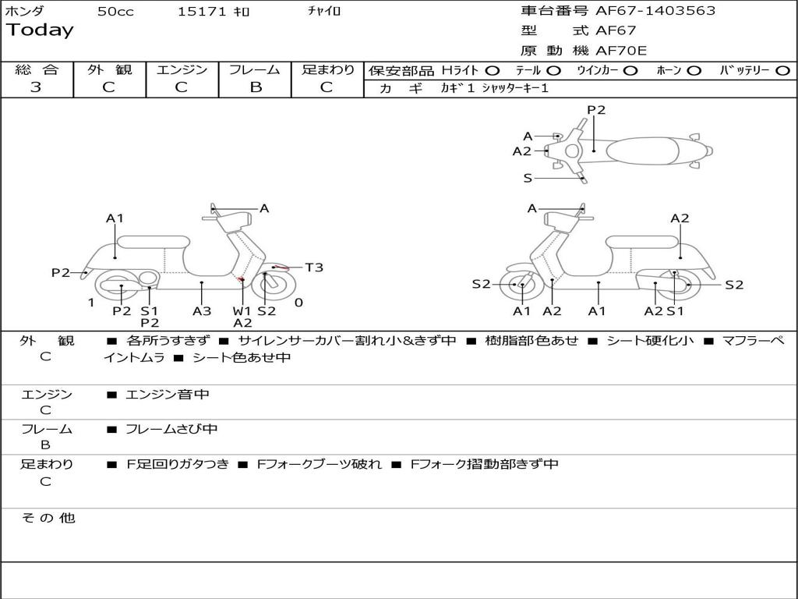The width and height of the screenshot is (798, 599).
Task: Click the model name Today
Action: pyautogui.click(x=40, y=30)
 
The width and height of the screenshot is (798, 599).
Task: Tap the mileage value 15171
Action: pyautogui.click(x=202, y=12)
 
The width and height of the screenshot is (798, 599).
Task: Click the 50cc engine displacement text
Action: pyautogui.click(x=115, y=12)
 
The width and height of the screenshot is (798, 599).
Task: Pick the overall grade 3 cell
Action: pyautogui.click(x=36, y=87)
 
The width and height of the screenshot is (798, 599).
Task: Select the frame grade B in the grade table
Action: pyautogui.click(x=255, y=87)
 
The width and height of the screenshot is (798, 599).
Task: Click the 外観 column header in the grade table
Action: pyautogui.click(x=109, y=70)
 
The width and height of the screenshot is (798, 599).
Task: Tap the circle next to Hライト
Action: pyautogui.click(x=493, y=71)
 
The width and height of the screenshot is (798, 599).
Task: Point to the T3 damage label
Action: pyautogui.click(x=313, y=268)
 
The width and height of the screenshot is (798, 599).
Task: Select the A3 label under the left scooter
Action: pyautogui.click(x=202, y=311)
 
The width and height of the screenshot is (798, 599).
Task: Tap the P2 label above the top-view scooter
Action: pyautogui.click(x=596, y=110)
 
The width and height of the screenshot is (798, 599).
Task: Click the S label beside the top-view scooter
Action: pyautogui.click(x=528, y=178)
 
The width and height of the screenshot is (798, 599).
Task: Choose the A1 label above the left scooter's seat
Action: pyautogui.click(x=115, y=218)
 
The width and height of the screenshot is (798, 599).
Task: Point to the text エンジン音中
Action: pyautogui.click(x=168, y=395)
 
